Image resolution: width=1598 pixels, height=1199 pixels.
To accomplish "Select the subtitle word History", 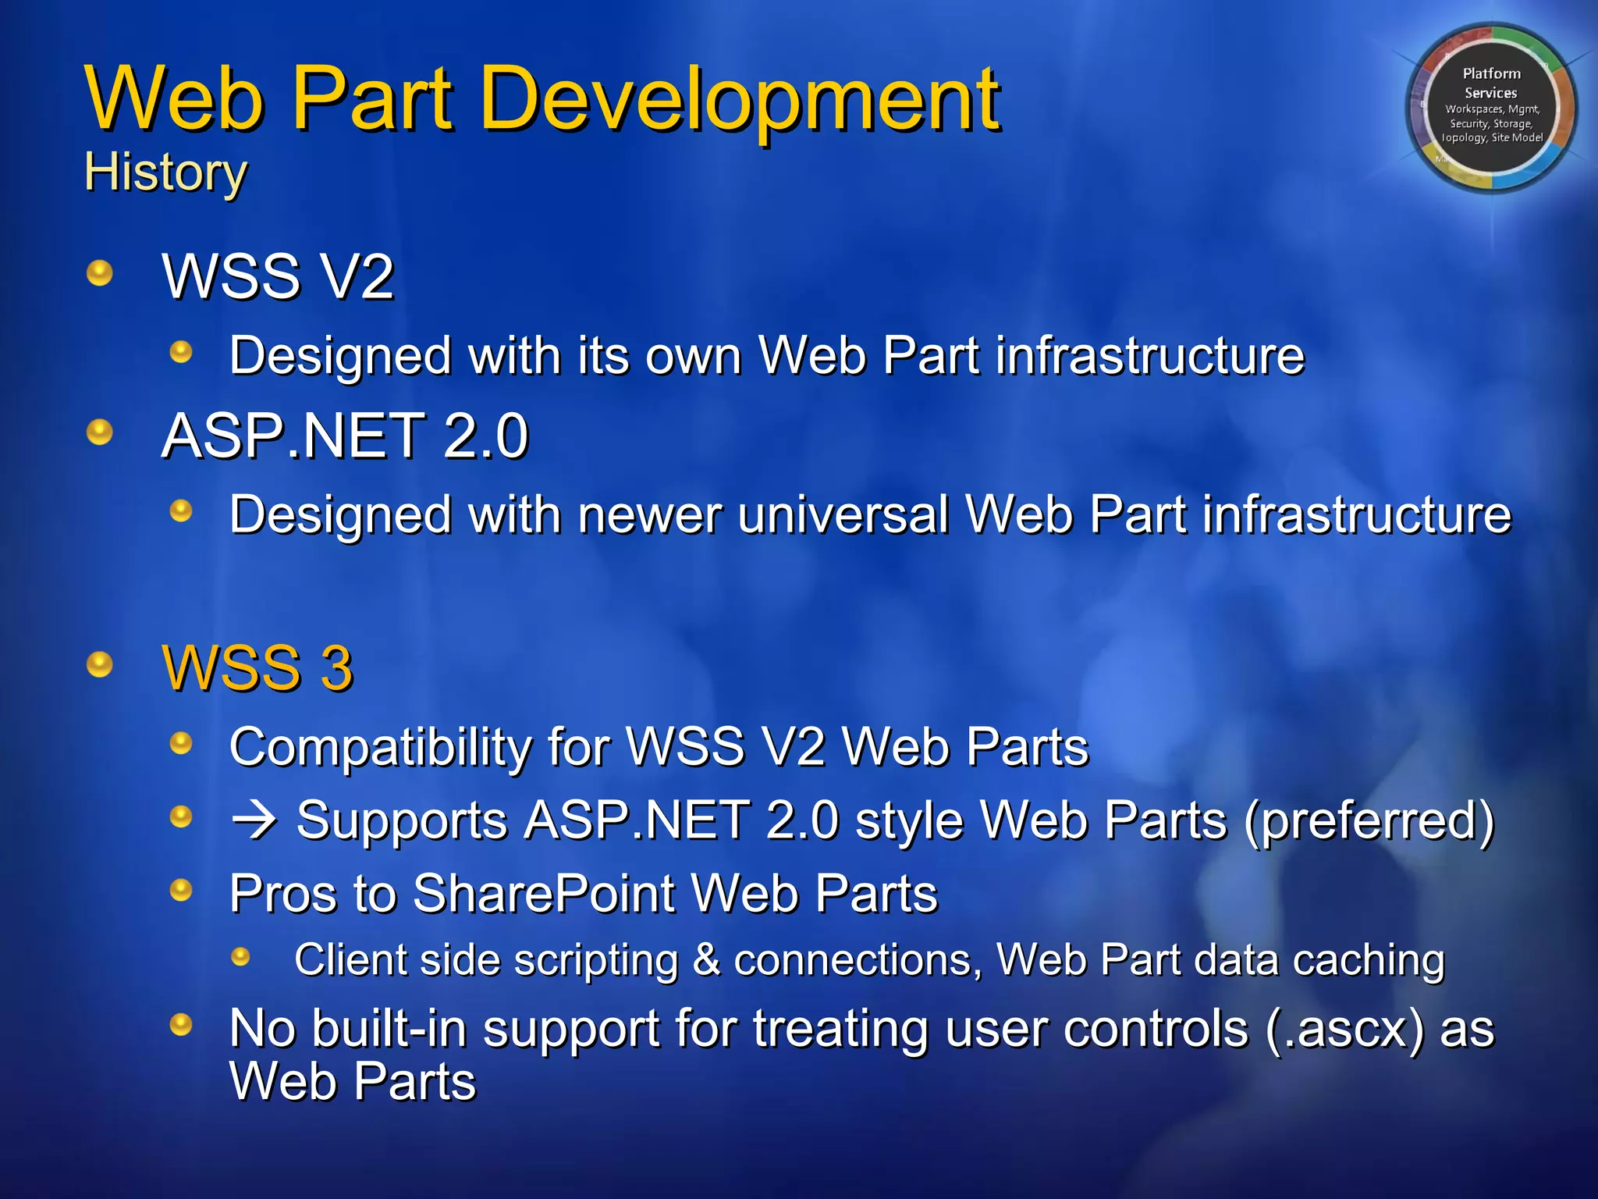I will (165, 172).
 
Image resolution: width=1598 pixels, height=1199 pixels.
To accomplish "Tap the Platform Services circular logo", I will (1491, 107).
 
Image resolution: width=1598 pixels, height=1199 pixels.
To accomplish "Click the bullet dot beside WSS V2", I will (99, 273).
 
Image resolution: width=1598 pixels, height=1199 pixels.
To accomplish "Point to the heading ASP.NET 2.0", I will (345, 436).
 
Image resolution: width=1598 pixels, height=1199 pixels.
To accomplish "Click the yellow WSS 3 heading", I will (257, 668).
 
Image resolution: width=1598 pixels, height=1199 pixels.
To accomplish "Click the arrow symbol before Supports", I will (254, 820).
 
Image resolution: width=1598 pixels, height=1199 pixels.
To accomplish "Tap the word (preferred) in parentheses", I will (1369, 820).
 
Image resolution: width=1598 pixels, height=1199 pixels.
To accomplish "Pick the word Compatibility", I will (380, 747).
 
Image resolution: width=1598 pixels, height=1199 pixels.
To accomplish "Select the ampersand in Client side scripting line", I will (706, 959).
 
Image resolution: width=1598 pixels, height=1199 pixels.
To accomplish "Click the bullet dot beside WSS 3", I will (99, 665).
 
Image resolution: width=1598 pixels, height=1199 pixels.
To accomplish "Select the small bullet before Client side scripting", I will (240, 956).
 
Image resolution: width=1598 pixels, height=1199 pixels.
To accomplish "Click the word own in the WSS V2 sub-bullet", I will (694, 356).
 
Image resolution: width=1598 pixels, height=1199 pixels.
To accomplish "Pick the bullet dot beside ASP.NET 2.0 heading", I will (99, 432).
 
